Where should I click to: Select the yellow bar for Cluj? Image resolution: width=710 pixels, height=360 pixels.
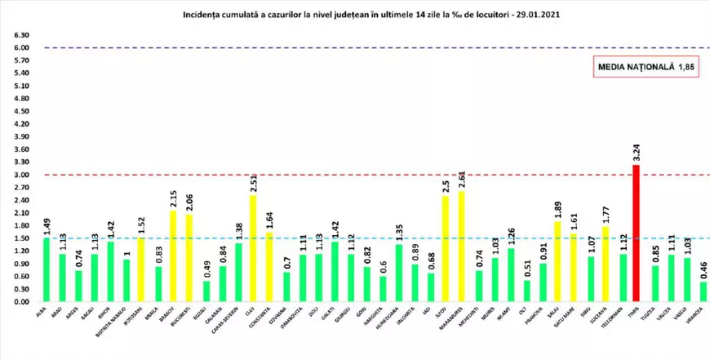(x=252, y=248)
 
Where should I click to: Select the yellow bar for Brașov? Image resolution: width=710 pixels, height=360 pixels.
(x=173, y=256)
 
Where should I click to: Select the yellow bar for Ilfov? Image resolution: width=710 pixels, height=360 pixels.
(x=446, y=249)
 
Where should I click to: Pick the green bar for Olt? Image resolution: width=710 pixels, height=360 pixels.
(x=526, y=291)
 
